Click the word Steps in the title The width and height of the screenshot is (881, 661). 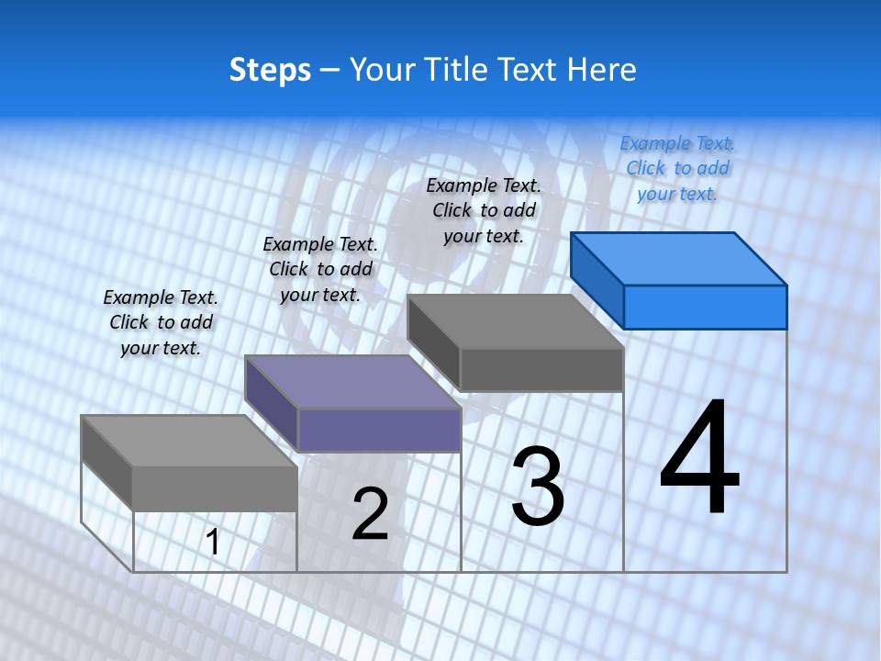coord(270,70)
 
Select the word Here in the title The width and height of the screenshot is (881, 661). coord(603,70)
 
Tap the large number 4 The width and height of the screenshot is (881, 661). coord(699,459)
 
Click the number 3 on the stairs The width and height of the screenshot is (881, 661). coord(538,487)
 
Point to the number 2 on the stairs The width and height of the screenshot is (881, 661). coord(371,514)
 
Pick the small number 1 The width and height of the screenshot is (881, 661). coord(213,543)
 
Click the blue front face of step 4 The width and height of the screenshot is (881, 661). coord(705,307)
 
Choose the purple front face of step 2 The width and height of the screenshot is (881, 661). coord(379,430)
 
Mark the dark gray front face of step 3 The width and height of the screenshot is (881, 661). coord(541,370)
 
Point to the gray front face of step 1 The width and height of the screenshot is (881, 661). coord(215,488)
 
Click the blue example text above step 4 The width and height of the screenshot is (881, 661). coord(677,168)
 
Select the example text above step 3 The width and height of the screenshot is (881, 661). coord(484,210)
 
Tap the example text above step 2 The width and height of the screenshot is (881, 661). coord(320,269)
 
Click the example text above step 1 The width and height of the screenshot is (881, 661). coord(161,322)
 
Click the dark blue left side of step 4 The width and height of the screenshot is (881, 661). coord(597,280)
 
